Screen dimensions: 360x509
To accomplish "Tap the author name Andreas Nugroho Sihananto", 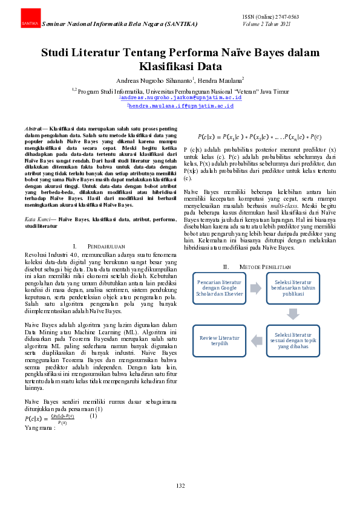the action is click(x=154, y=80).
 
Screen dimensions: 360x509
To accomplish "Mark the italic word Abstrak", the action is click(x=33, y=129).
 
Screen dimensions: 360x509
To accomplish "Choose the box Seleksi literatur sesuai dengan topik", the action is click(x=293, y=339).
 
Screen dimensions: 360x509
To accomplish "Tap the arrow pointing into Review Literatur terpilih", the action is click(x=257, y=339).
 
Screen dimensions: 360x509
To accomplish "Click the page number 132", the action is click(x=180, y=485).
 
